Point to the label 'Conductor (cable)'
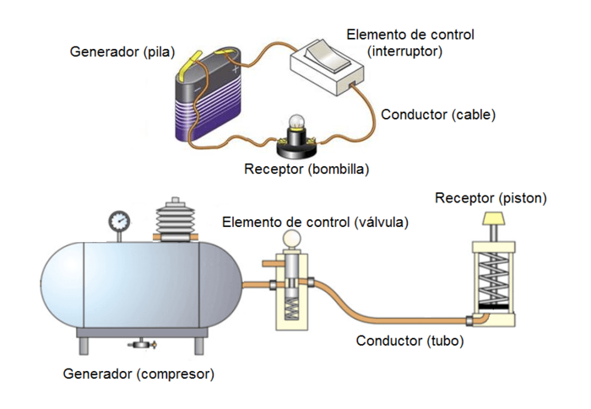[x=438, y=114]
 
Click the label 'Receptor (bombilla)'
[x=306, y=168]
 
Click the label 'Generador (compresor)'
[x=138, y=373]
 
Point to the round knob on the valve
[x=290, y=239]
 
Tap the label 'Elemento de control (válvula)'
[x=315, y=222]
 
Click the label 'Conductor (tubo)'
[x=409, y=342]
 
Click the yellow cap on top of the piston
[x=492, y=219]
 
